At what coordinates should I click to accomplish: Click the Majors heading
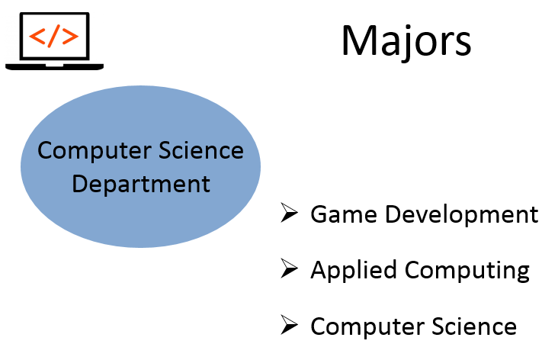pyautogui.click(x=406, y=41)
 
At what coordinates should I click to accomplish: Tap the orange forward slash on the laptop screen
pyautogui.click(x=54, y=36)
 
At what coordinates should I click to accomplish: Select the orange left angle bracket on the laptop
pyautogui.click(x=37, y=36)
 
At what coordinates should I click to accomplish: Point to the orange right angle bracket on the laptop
pyautogui.click(x=70, y=36)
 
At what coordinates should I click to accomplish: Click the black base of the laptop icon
pyautogui.click(x=54, y=66)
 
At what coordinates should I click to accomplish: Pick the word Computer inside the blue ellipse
pyautogui.click(x=95, y=151)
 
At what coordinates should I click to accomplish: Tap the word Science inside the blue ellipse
pyautogui.click(x=201, y=150)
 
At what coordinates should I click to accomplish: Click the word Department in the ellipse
pyautogui.click(x=141, y=185)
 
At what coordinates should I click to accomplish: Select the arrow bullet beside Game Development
pyautogui.click(x=289, y=213)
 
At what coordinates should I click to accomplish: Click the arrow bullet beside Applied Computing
pyautogui.click(x=289, y=268)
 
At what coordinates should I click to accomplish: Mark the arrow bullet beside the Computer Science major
pyautogui.click(x=289, y=325)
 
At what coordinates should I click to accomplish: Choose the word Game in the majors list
pyautogui.click(x=344, y=214)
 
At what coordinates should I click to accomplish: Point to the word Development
pyautogui.click(x=462, y=215)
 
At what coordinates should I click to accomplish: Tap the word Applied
pyautogui.click(x=354, y=270)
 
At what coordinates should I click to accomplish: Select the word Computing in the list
pyautogui.click(x=467, y=270)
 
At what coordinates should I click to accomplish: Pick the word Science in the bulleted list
pyautogui.click(x=474, y=326)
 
